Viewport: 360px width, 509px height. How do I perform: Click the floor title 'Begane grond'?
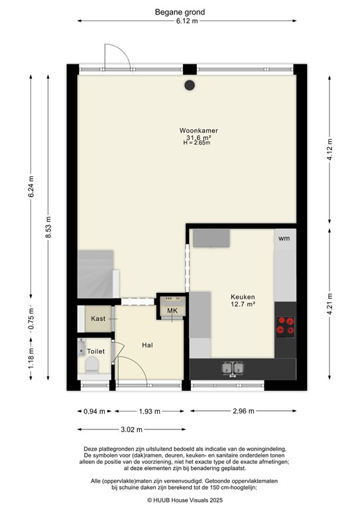180,12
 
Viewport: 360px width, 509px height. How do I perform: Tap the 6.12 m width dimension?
186,21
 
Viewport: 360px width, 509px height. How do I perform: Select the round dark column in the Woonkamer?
190,85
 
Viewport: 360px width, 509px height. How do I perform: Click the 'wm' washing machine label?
284,238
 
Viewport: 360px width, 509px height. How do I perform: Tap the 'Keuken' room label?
243,297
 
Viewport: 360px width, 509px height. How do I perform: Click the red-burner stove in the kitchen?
285,325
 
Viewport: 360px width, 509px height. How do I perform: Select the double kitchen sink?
233,368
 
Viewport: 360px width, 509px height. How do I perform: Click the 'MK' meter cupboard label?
172,311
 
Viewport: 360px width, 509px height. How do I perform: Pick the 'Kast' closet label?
98,319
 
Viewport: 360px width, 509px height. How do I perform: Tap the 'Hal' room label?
149,345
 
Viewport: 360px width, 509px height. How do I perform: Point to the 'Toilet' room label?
95,351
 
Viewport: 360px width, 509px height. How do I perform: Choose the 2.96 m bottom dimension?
245,412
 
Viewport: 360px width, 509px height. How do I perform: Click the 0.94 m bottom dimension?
93,412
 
